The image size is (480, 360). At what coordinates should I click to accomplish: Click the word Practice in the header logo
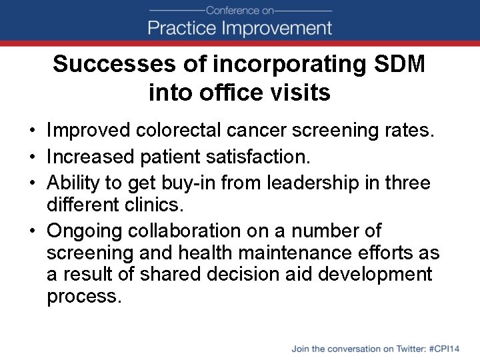181,28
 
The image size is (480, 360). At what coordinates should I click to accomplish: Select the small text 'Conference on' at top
240,10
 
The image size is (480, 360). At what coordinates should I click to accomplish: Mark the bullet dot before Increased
32,158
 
